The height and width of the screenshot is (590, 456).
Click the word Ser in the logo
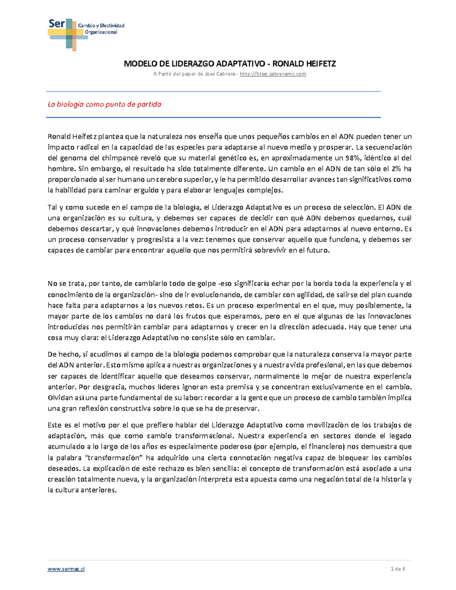[x=56, y=24]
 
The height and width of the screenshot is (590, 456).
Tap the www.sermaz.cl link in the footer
[x=66, y=569]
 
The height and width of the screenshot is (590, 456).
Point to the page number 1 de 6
[x=398, y=569]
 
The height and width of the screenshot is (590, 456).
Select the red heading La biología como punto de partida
[x=104, y=104]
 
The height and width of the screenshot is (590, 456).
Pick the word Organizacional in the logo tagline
[x=101, y=32]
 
